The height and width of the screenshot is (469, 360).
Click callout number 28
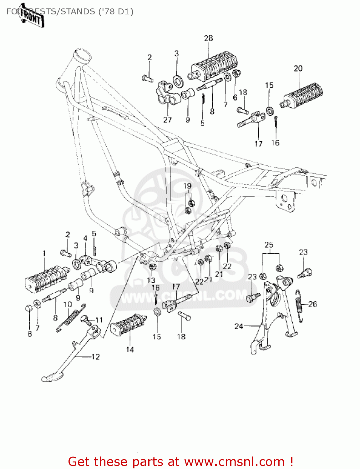208,38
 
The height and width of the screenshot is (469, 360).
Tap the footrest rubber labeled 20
303,94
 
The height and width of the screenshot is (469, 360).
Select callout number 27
167,120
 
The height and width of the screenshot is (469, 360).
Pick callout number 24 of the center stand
239,326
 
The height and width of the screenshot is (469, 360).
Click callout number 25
269,245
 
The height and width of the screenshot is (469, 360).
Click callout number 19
187,186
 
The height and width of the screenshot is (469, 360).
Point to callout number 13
151,280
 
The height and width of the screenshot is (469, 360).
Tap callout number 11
99,320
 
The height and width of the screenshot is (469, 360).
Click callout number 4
85,238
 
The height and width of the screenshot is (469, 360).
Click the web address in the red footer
234,462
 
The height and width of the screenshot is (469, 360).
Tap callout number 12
95,357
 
